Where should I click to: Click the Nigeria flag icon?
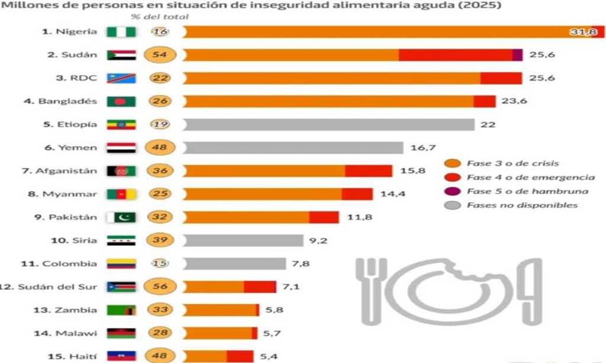click(121, 32)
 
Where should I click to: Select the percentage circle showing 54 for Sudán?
click(159, 54)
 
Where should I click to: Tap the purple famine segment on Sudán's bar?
click(517, 54)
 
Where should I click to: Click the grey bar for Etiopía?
click(328, 124)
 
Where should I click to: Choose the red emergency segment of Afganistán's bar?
click(368, 171)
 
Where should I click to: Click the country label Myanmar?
click(69, 194)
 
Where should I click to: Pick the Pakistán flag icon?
click(121, 217)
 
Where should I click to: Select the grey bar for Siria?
click(243, 240)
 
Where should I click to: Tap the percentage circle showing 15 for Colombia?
click(159, 264)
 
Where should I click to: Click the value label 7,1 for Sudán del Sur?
click(291, 287)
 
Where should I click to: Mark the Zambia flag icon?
click(121, 310)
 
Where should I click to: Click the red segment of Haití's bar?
click(240, 356)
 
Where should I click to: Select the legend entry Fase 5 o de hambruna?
click(527, 191)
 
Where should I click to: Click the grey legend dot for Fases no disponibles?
click(453, 205)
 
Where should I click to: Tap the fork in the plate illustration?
click(371, 290)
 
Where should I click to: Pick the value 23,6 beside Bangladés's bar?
click(514, 101)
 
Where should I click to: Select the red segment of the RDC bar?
click(501, 78)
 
